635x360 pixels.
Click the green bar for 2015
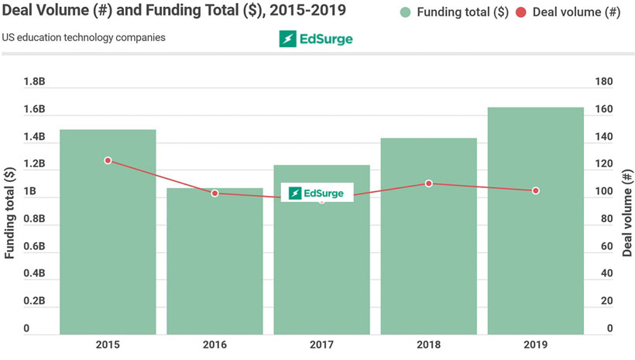108,232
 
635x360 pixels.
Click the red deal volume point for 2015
108,160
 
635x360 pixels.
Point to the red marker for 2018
428,183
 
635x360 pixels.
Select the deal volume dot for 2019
535,190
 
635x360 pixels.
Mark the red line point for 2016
215,193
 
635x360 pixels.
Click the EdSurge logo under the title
316,39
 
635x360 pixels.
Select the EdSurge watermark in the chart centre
317,193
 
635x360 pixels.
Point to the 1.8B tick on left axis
34,82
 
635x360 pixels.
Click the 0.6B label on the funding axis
34,246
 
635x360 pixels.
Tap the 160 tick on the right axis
602,110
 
